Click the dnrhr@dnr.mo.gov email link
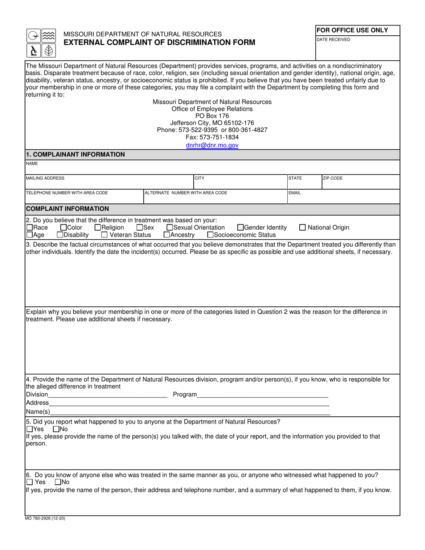pyautogui.click(x=212, y=145)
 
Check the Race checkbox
pyautogui.click(x=30, y=228)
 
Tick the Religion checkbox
pyautogui.click(x=98, y=228)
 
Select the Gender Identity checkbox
pyautogui.click(x=240, y=228)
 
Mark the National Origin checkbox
pyautogui.click(x=302, y=228)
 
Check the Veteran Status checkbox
pyautogui.click(x=104, y=235)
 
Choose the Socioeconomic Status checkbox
pyautogui.click(x=210, y=235)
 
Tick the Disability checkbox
pyautogui.click(x=60, y=235)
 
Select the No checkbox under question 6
pyautogui.click(x=58, y=482)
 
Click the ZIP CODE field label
pyautogui.click(x=332, y=178)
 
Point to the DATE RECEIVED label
pyautogui.click(x=333, y=40)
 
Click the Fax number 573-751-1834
pyautogui.click(x=212, y=137)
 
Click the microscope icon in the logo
pyautogui.click(x=33, y=51)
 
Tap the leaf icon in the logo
pyautogui.click(x=48, y=51)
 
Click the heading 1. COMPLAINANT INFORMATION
pyautogui.click(x=76, y=155)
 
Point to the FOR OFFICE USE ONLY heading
pyautogui.click(x=352, y=30)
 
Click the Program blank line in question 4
pyautogui.click(x=262, y=395)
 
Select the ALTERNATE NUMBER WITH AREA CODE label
pyautogui.click(x=186, y=193)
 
